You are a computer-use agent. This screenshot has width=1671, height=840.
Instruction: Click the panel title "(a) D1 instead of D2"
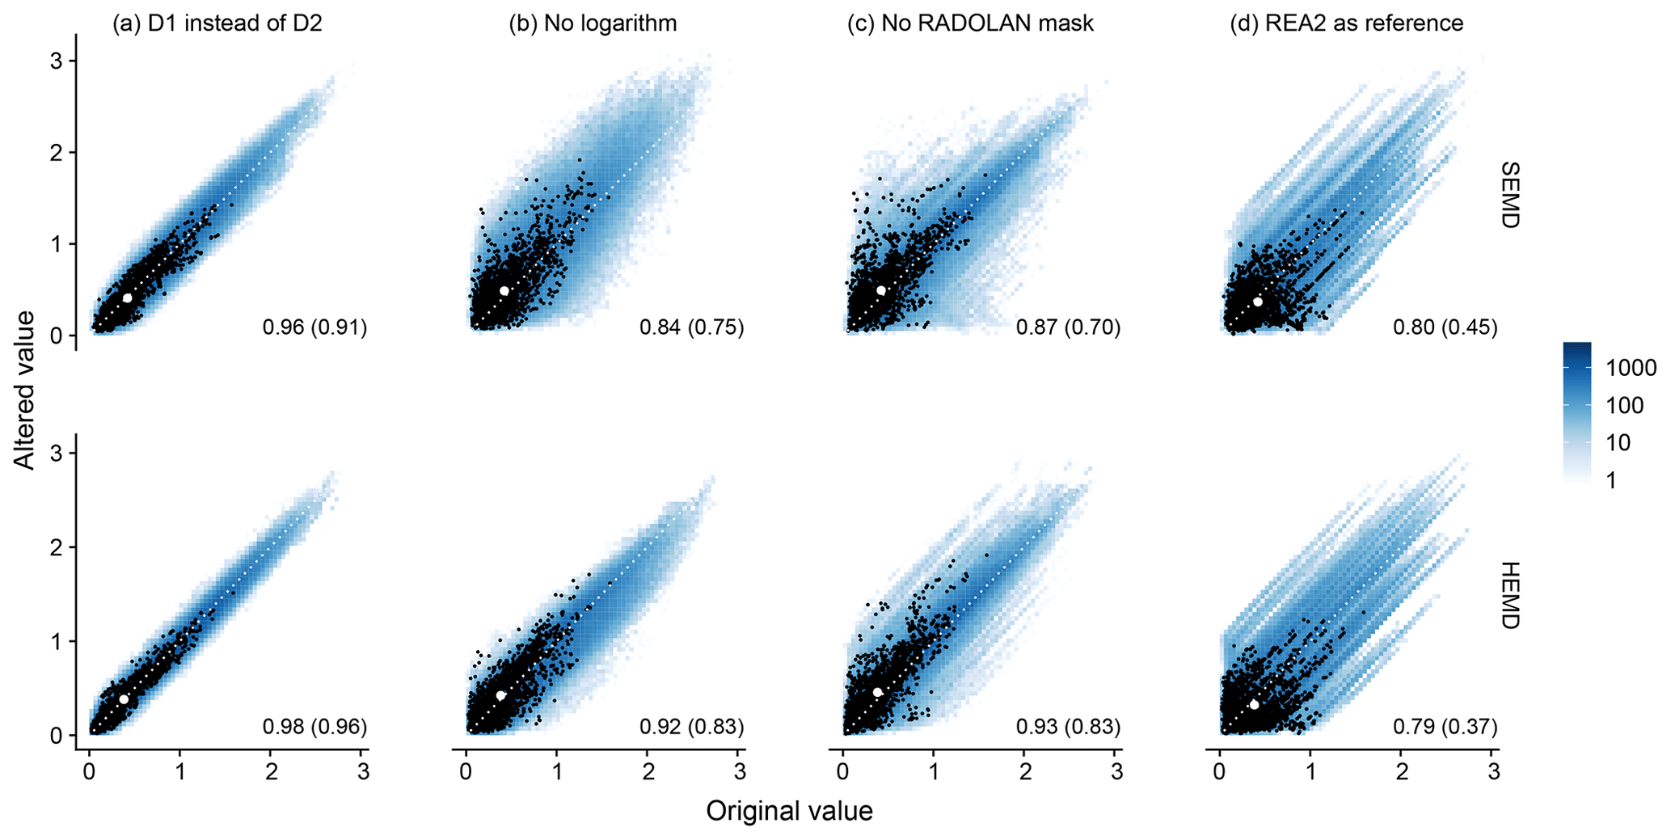(x=217, y=23)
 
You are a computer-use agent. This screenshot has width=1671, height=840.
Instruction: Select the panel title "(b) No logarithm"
(x=593, y=23)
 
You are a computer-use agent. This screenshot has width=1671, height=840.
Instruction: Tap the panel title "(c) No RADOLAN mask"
(x=970, y=23)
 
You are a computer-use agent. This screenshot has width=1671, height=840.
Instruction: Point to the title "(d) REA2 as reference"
(x=1346, y=23)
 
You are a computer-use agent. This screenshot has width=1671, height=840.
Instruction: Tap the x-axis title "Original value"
(x=789, y=811)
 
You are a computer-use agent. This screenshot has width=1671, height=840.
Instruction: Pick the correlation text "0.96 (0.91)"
(x=314, y=327)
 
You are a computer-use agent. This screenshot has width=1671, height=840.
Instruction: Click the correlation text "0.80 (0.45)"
(x=1445, y=327)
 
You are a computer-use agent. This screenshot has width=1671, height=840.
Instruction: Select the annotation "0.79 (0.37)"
(x=1445, y=727)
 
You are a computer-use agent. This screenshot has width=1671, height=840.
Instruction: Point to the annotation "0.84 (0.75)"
(x=691, y=327)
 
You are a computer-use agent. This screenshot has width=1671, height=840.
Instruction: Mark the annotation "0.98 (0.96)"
(x=314, y=727)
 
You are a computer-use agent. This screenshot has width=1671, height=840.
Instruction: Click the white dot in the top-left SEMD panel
(x=127, y=298)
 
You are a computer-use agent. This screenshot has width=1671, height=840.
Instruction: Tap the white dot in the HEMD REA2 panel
(x=1255, y=704)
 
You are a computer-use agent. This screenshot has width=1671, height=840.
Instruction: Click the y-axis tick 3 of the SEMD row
(x=57, y=61)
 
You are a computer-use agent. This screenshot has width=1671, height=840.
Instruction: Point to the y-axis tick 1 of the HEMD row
(x=57, y=641)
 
